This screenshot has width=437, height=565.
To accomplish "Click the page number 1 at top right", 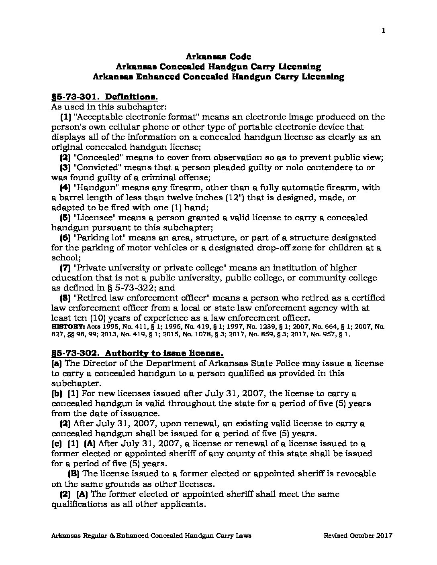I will tap(384, 31).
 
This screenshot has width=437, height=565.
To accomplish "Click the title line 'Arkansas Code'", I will tap(218, 57).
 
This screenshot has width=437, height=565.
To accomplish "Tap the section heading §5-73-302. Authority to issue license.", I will tap(137, 354).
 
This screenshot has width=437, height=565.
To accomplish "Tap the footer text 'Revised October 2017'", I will tap(358, 536).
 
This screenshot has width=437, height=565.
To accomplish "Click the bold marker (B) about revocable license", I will tap(74, 474).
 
